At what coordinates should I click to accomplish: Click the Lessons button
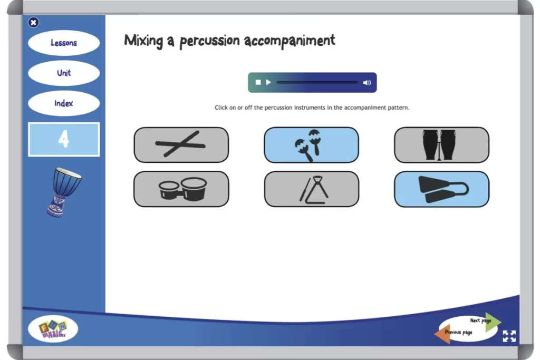tap(64, 43)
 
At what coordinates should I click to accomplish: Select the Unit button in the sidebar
tap(64, 73)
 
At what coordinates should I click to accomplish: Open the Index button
tap(64, 103)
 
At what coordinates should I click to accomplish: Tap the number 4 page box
tap(64, 140)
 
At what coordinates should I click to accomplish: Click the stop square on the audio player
tap(258, 82)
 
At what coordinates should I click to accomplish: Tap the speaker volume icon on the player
tap(367, 82)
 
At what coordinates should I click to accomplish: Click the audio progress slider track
tap(317, 82)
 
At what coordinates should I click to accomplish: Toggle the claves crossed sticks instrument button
tap(181, 144)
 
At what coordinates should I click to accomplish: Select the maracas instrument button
tap(311, 144)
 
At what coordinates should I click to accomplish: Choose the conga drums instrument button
tap(441, 144)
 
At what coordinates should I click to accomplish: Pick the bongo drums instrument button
tap(181, 189)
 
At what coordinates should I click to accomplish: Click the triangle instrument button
tap(311, 189)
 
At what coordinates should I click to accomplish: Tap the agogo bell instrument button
tap(441, 189)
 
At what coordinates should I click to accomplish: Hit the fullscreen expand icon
tap(509, 336)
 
